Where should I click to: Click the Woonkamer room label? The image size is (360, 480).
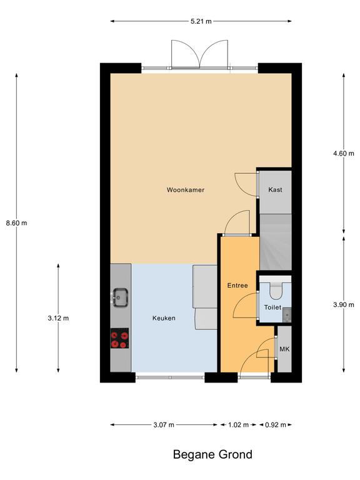(186, 190)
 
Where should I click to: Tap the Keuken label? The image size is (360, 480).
(164, 318)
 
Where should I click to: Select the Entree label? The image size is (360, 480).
(237, 285)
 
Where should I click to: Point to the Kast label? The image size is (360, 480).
(275, 190)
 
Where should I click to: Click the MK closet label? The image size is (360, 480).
(284, 349)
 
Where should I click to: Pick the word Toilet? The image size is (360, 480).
(272, 307)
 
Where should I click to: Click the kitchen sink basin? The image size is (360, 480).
(120, 297)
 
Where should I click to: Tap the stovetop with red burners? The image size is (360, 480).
(120, 338)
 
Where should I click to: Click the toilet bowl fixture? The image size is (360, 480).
(276, 291)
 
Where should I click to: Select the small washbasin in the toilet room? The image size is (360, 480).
(287, 315)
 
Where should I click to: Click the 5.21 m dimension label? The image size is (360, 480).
(201, 21)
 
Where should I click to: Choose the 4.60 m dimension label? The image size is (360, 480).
(344, 153)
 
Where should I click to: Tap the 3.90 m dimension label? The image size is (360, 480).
(344, 304)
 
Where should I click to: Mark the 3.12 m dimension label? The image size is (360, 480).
(58, 318)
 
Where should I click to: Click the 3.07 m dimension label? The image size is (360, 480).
(164, 424)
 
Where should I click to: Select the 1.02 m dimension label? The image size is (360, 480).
(239, 424)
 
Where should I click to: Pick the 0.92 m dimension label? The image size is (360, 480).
(276, 424)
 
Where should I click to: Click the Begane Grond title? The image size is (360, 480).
(212, 454)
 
